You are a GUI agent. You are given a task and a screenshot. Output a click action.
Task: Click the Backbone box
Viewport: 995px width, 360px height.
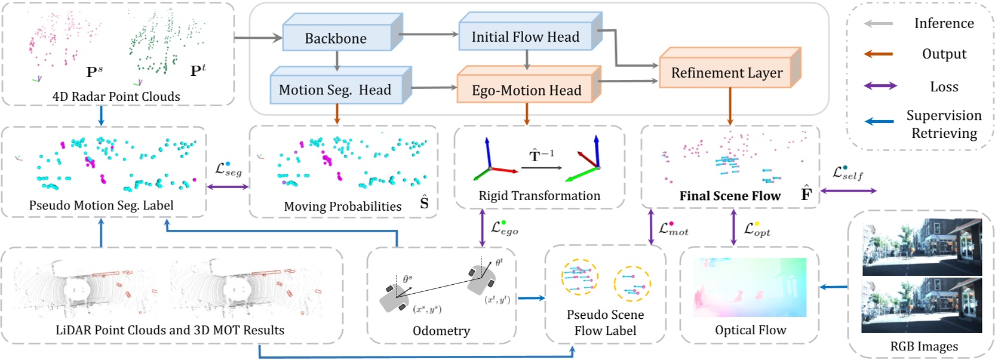(x=336, y=38)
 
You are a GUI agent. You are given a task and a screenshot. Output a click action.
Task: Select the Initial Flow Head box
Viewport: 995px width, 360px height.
(x=525, y=37)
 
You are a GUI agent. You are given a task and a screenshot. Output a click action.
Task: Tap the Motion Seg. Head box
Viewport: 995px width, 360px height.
(x=335, y=90)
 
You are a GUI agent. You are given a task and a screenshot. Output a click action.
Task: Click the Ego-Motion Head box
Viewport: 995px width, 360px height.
(x=526, y=90)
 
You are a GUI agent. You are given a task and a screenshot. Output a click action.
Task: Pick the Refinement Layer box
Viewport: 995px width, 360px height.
(x=726, y=73)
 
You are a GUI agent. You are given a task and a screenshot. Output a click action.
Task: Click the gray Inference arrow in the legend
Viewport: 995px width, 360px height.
(x=878, y=24)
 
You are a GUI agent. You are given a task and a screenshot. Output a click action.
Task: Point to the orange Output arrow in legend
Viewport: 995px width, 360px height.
(x=878, y=54)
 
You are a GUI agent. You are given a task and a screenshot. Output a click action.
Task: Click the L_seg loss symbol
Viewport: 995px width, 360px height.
(x=228, y=170)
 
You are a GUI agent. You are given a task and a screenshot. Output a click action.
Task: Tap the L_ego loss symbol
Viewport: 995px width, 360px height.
(x=504, y=228)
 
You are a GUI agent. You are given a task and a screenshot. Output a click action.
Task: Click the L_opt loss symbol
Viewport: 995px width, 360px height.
(x=757, y=229)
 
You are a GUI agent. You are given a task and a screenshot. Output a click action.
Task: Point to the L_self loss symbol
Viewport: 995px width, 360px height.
(x=847, y=173)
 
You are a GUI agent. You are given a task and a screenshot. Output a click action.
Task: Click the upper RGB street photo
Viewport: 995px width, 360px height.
(x=922, y=247)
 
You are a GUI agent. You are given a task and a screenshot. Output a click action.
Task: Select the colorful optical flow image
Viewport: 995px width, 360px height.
(x=750, y=287)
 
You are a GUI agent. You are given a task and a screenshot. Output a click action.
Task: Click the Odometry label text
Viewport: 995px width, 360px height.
(x=441, y=331)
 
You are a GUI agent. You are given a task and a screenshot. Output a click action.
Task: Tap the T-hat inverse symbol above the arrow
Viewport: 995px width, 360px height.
(x=541, y=156)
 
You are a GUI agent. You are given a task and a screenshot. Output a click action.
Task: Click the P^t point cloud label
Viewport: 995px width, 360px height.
(x=198, y=70)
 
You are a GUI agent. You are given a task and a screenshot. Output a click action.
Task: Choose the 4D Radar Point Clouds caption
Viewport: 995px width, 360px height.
(x=116, y=97)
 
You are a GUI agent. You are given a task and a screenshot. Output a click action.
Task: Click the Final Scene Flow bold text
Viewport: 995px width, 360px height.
(x=730, y=196)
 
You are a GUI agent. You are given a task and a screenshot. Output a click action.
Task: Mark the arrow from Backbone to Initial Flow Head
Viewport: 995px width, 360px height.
(x=429, y=35)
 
